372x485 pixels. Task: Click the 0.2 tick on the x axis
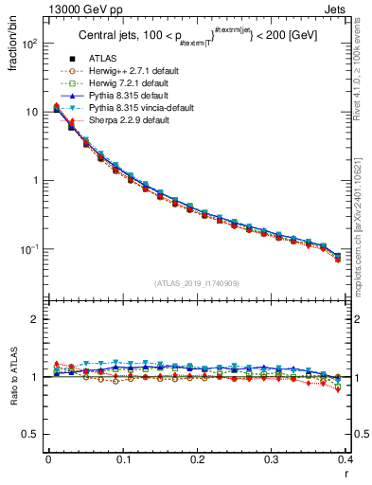pyautogui.click(x=197, y=460)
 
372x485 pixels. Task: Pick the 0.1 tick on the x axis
pyautogui.click(x=122, y=460)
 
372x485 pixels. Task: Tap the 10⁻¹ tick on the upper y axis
pyautogui.click(x=28, y=249)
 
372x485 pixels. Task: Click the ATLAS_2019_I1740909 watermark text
pyautogui.click(x=197, y=283)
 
